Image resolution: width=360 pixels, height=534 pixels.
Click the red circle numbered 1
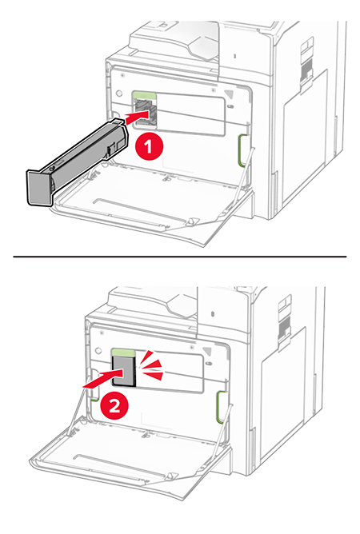click(148, 147)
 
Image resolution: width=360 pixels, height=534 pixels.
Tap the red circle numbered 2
click(114, 406)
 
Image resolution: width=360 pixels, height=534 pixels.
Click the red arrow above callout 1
click(137, 117)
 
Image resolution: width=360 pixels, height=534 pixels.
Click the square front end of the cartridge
click(39, 188)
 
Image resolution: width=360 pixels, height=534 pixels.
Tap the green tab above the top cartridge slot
click(144, 96)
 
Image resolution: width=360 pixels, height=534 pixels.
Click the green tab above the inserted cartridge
click(124, 353)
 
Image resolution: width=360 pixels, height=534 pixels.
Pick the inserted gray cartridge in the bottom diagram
click(124, 372)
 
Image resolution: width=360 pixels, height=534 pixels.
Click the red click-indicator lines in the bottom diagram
click(152, 366)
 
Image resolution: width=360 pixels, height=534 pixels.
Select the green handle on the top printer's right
click(243, 150)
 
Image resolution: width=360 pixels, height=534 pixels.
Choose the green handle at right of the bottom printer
click(222, 407)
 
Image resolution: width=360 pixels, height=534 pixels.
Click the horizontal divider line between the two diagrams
click(180, 257)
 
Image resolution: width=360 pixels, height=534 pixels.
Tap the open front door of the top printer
click(154, 201)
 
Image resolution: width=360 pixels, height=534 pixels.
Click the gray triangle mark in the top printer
click(230, 94)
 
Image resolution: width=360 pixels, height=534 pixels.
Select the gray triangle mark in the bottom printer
click(208, 351)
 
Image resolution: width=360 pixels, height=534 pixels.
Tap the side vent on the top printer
click(306, 68)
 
